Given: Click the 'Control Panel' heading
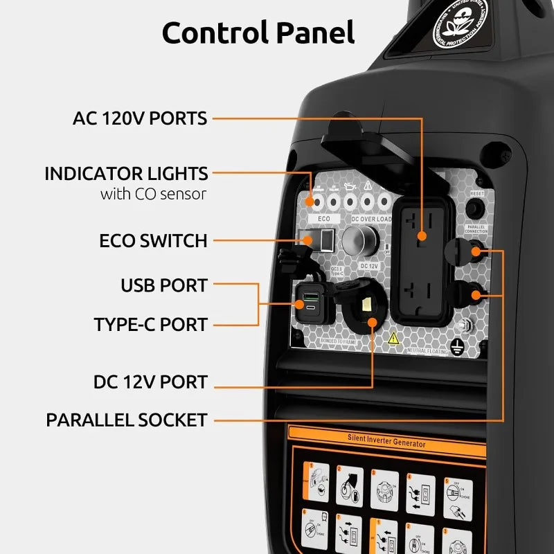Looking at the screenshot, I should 258,32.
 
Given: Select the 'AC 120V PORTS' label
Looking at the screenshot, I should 140,118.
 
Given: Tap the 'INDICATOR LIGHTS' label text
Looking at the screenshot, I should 126,173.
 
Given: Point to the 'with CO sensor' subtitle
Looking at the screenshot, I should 153,194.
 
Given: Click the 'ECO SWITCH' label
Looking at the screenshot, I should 153,241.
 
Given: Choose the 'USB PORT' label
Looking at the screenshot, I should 163,285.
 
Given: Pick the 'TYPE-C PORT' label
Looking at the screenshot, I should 150,324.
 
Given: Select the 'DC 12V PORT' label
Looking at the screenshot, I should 150,382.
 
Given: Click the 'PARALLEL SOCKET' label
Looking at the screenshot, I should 127,420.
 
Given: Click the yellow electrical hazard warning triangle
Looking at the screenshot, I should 393,338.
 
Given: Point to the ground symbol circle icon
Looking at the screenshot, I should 456,348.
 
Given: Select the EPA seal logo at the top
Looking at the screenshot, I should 461,23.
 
